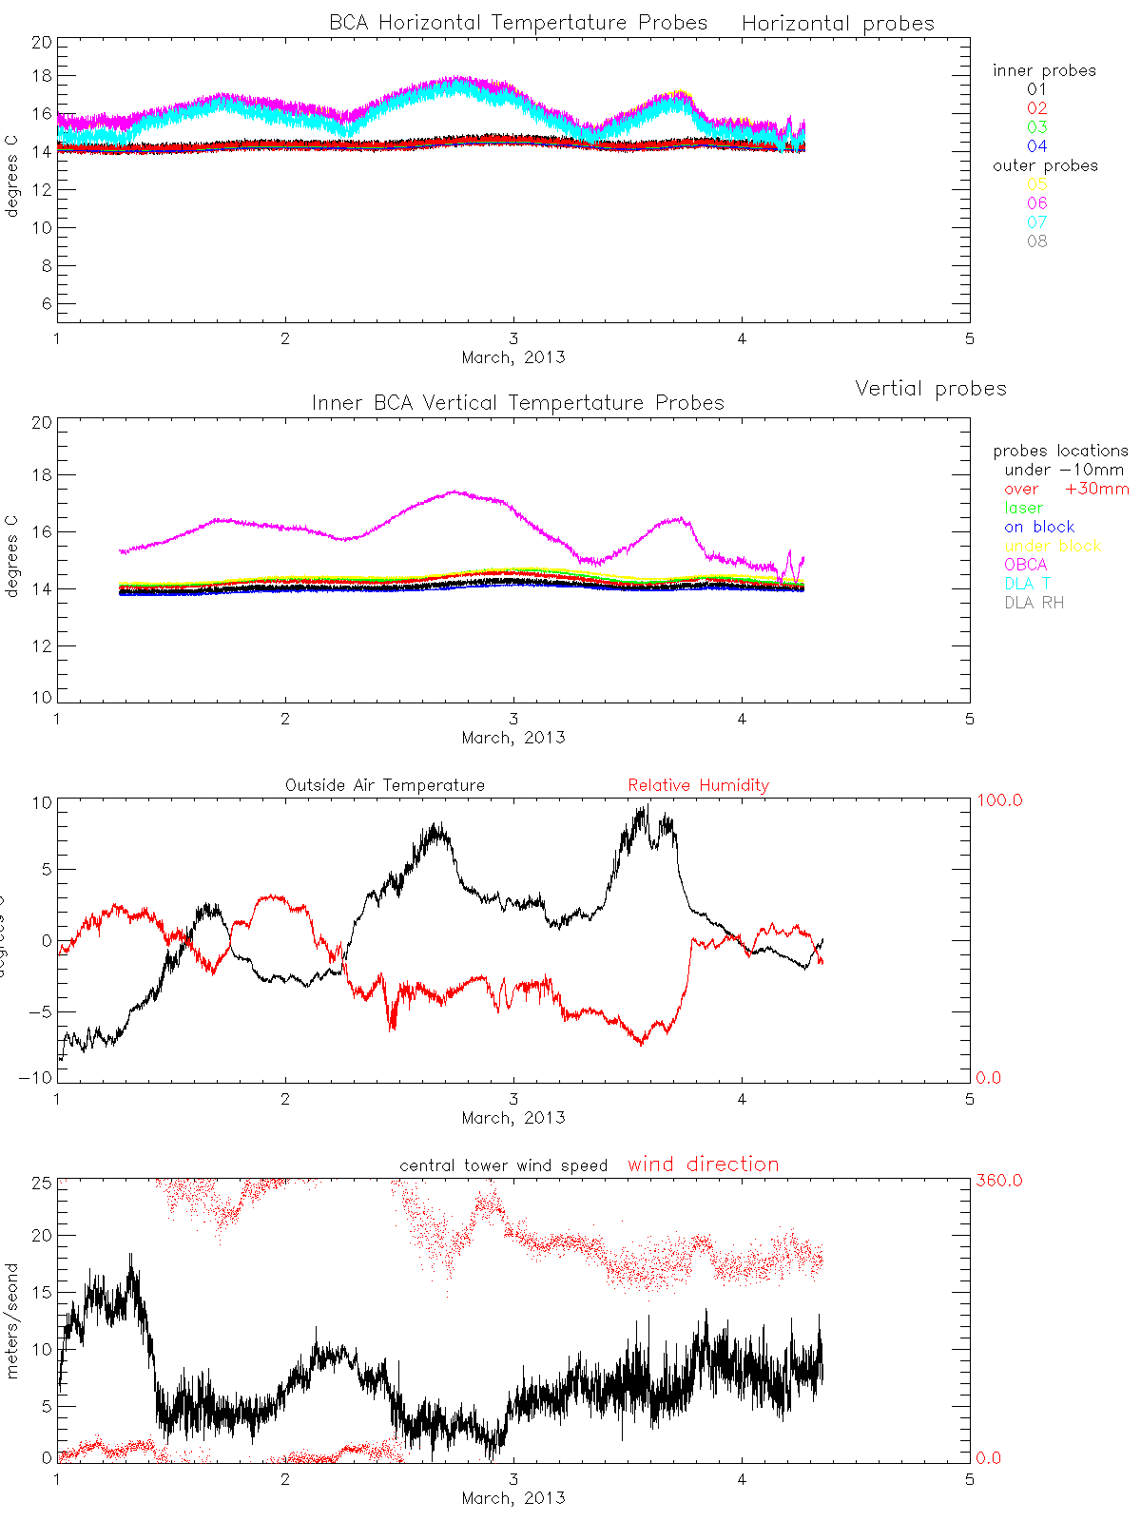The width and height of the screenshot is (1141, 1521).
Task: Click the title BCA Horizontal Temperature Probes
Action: tap(518, 23)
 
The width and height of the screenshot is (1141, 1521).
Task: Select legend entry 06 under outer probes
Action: tap(1036, 203)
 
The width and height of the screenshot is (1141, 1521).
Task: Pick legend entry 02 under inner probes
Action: tap(1036, 108)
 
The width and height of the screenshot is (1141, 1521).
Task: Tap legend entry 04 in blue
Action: tap(1036, 146)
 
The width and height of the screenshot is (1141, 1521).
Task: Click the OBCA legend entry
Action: tap(1025, 565)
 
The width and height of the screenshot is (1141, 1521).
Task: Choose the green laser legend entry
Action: tap(1023, 508)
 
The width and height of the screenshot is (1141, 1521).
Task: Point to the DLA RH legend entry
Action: tap(1034, 603)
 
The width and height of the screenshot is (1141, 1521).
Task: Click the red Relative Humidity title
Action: tap(698, 785)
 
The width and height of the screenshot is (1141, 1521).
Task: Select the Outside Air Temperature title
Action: tap(385, 785)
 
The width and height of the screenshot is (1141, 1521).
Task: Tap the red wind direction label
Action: tap(703, 1165)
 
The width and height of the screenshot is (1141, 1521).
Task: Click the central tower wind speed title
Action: tap(503, 1165)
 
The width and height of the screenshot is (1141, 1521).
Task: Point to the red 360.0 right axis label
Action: tap(999, 1181)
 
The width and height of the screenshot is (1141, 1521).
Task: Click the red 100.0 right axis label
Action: tap(999, 800)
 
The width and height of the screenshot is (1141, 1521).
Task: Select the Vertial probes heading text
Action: tap(930, 389)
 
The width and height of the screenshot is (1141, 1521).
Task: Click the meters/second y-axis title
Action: tap(12, 1321)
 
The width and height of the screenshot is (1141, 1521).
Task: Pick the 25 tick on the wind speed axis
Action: tap(41, 1181)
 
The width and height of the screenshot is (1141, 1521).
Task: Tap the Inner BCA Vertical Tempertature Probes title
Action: tap(518, 403)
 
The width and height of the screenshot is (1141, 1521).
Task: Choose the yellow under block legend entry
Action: tap(1053, 546)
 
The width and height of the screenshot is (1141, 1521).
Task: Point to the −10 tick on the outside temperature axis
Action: tap(35, 1078)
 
